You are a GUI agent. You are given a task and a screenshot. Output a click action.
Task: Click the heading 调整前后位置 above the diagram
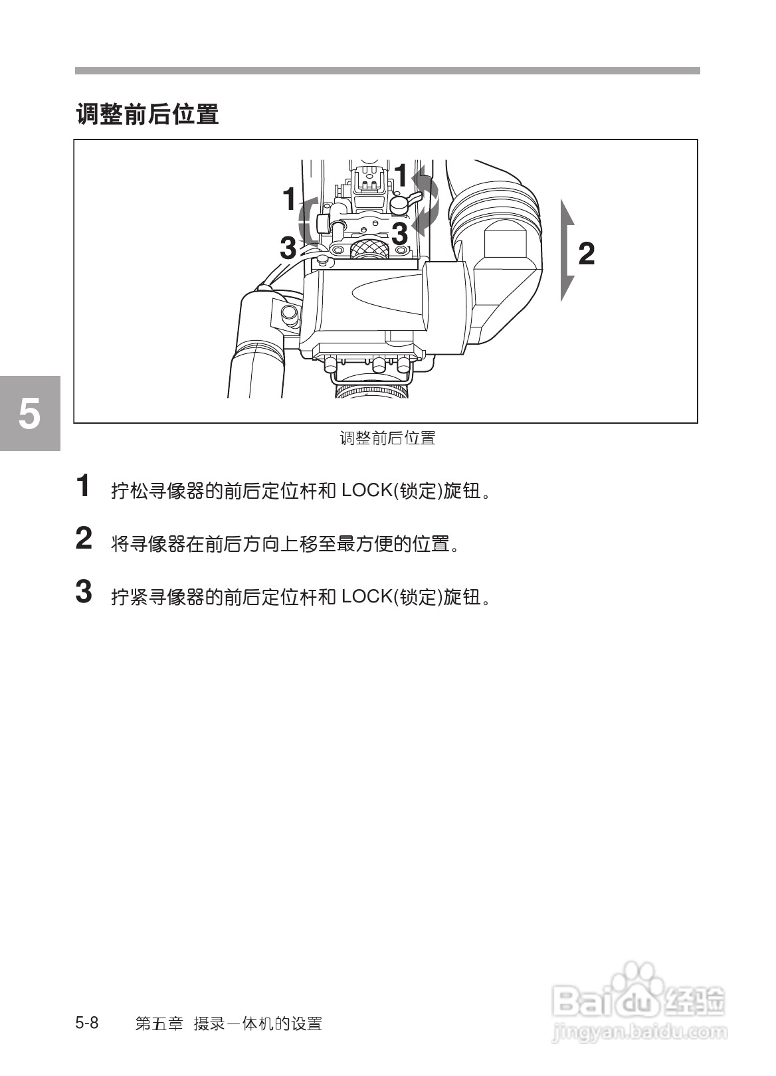coord(147,114)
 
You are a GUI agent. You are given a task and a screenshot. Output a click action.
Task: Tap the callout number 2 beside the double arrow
coord(586,254)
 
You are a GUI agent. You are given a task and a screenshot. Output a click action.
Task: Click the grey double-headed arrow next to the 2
coord(567,250)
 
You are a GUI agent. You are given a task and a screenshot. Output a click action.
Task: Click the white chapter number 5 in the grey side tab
coord(29,414)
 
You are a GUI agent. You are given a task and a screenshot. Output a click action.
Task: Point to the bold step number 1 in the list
coord(83,486)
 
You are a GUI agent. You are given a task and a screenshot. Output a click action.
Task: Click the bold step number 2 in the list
coord(84,539)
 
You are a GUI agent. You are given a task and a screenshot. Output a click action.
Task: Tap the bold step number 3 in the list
coord(84,592)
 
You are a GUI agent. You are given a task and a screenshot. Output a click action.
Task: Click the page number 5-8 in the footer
coord(87,1023)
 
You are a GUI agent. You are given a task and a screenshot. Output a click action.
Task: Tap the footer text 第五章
coord(159,1024)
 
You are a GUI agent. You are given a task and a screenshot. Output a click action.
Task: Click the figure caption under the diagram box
coord(387,438)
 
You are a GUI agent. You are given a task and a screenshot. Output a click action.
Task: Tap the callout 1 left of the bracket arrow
coord(288,199)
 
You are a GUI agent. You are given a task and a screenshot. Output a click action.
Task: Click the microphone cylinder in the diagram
coord(258,345)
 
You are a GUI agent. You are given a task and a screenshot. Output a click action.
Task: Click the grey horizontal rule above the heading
coord(387,70)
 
